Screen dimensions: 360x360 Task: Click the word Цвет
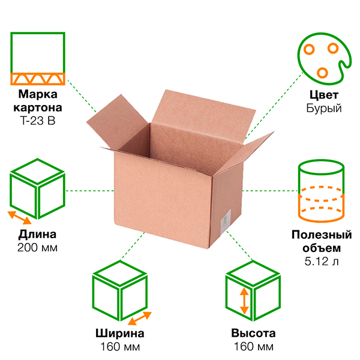pyautogui.click(x=325, y=95)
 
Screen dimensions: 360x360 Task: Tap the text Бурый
pyautogui.click(x=324, y=109)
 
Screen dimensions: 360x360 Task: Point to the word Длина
pyautogui.click(x=38, y=234)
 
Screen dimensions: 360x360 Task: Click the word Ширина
pyautogui.click(x=119, y=334)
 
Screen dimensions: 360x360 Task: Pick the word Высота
pyautogui.click(x=253, y=334)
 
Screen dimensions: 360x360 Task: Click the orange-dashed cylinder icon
pyautogui.click(x=322, y=190)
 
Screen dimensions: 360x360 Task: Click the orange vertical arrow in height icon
pyautogui.click(x=244, y=302)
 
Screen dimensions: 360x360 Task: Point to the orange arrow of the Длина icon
pyautogui.click(x=18, y=217)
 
